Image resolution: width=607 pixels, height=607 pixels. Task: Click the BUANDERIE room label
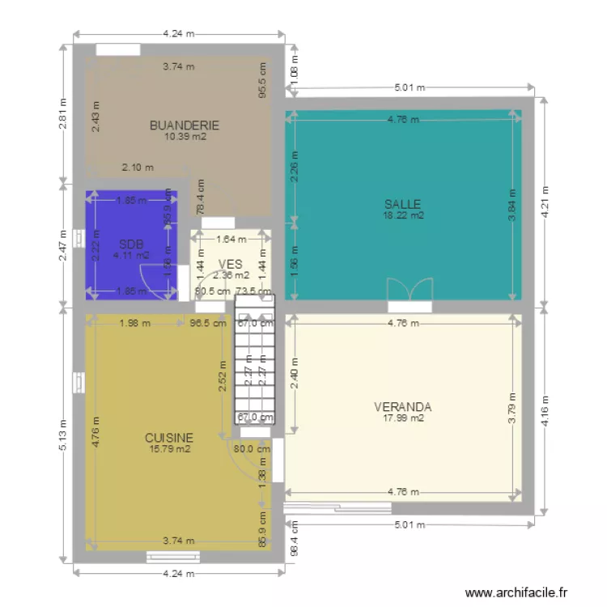pos(185,125)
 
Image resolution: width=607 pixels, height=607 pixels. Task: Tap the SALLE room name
pos(402,204)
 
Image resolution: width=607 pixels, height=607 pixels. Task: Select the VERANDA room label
pos(402,406)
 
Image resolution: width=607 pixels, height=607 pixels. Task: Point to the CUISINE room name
pos(168,438)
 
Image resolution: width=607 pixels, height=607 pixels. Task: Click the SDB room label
pos(131,244)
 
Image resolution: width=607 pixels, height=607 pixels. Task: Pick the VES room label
pos(231,264)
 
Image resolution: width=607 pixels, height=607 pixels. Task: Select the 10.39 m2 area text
pos(185,137)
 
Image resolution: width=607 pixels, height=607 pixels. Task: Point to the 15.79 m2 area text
pos(168,449)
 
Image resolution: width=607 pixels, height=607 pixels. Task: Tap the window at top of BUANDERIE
pos(118,49)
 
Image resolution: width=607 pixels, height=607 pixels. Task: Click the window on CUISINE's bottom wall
pos(173,556)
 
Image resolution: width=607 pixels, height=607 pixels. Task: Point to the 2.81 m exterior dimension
pos(63,112)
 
